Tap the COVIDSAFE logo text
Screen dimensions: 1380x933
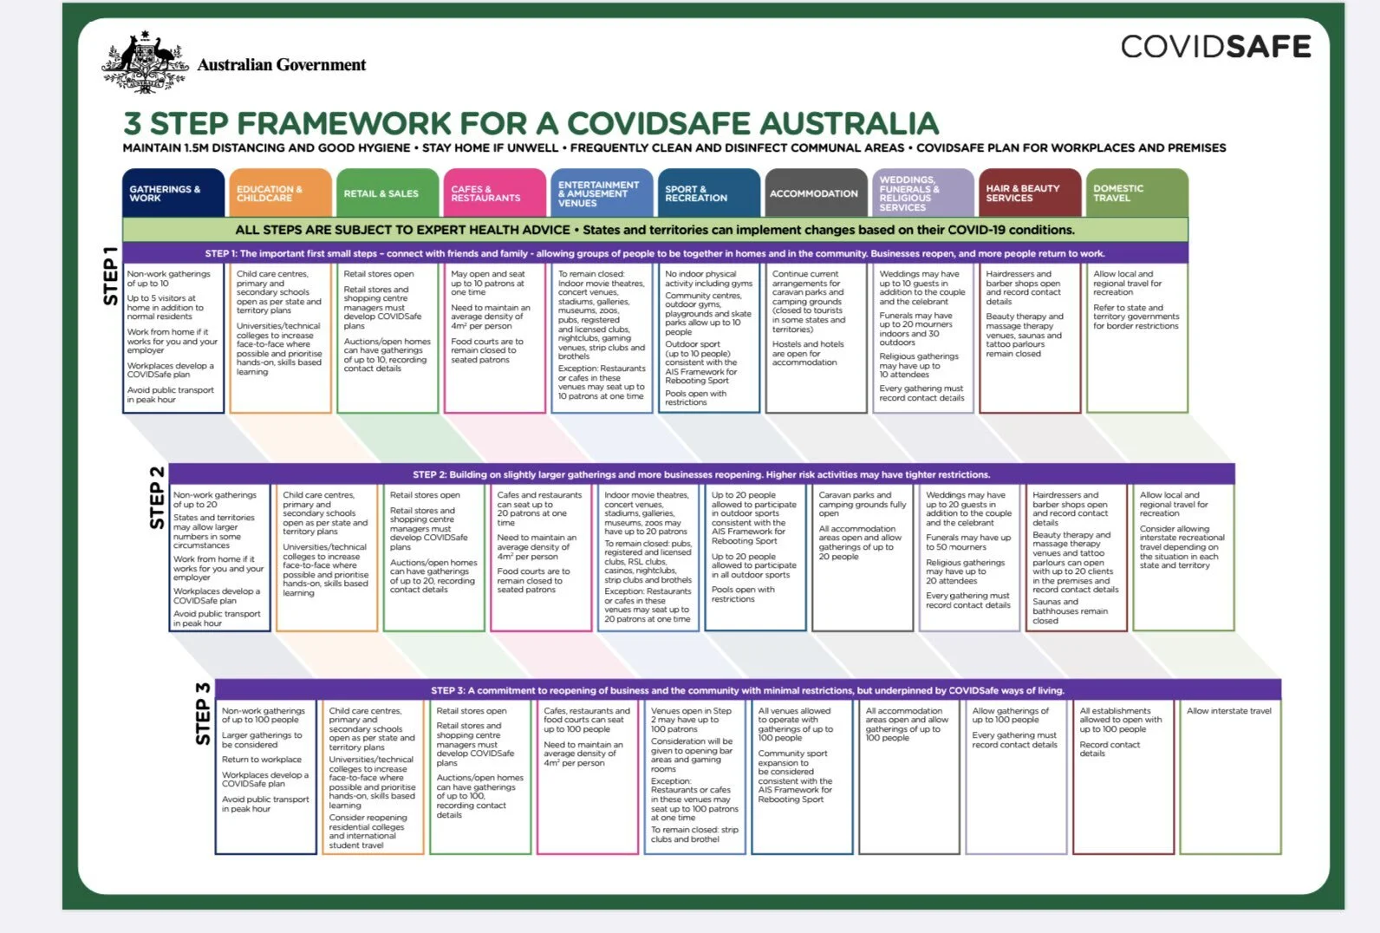[x=1215, y=46]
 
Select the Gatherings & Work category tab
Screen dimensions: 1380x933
[x=173, y=192]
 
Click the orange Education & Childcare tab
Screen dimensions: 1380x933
[x=280, y=192]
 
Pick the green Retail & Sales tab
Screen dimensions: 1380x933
[x=387, y=192]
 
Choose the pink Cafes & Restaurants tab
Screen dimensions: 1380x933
[x=494, y=192]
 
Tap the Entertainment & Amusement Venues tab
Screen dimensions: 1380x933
[x=602, y=192]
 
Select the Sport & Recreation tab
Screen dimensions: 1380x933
[x=708, y=192]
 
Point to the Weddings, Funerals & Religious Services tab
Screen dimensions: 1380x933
[x=922, y=192]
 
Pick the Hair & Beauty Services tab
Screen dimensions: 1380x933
[x=1030, y=192]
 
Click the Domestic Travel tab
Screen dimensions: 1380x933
[x=1136, y=192]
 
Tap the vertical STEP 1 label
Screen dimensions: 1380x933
[x=111, y=276]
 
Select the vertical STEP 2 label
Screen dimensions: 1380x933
[x=157, y=497]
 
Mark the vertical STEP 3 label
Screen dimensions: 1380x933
[x=203, y=714]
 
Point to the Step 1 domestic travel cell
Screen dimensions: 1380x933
[x=1136, y=338]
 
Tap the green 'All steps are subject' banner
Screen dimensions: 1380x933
[x=654, y=230]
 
